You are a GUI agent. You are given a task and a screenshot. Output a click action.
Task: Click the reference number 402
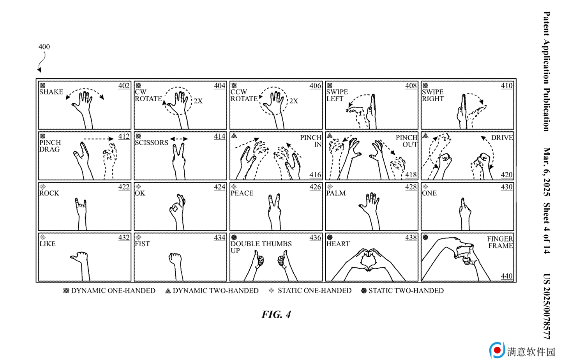coord(124,86)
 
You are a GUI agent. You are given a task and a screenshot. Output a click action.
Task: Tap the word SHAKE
coord(51,92)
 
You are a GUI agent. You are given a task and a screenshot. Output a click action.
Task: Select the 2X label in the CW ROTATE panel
coord(198,101)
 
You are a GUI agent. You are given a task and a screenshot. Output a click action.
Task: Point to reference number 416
coord(315,175)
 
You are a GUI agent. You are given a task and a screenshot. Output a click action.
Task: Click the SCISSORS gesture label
coord(152,143)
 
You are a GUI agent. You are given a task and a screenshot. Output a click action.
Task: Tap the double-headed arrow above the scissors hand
coord(179,139)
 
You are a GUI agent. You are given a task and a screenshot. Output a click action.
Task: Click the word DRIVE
coord(502,138)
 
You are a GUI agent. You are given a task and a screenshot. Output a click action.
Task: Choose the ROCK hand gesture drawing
coord(81,214)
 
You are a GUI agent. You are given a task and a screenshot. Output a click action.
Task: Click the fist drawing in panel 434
coord(176,266)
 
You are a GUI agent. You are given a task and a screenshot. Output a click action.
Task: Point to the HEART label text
coord(338,244)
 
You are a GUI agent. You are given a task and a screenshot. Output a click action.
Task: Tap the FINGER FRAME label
coord(500,242)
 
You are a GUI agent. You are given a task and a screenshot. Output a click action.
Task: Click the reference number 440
coord(506,276)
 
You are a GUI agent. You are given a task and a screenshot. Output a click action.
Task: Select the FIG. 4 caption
coord(276,314)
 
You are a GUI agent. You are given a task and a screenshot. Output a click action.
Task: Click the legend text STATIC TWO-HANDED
coord(406,291)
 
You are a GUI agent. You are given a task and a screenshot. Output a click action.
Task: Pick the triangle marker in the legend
coord(168,291)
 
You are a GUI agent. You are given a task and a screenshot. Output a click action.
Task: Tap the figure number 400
coord(44,47)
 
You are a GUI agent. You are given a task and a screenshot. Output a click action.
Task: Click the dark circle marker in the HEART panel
coord(330,237)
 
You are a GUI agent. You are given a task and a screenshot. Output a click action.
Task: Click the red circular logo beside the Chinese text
coord(497,350)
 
